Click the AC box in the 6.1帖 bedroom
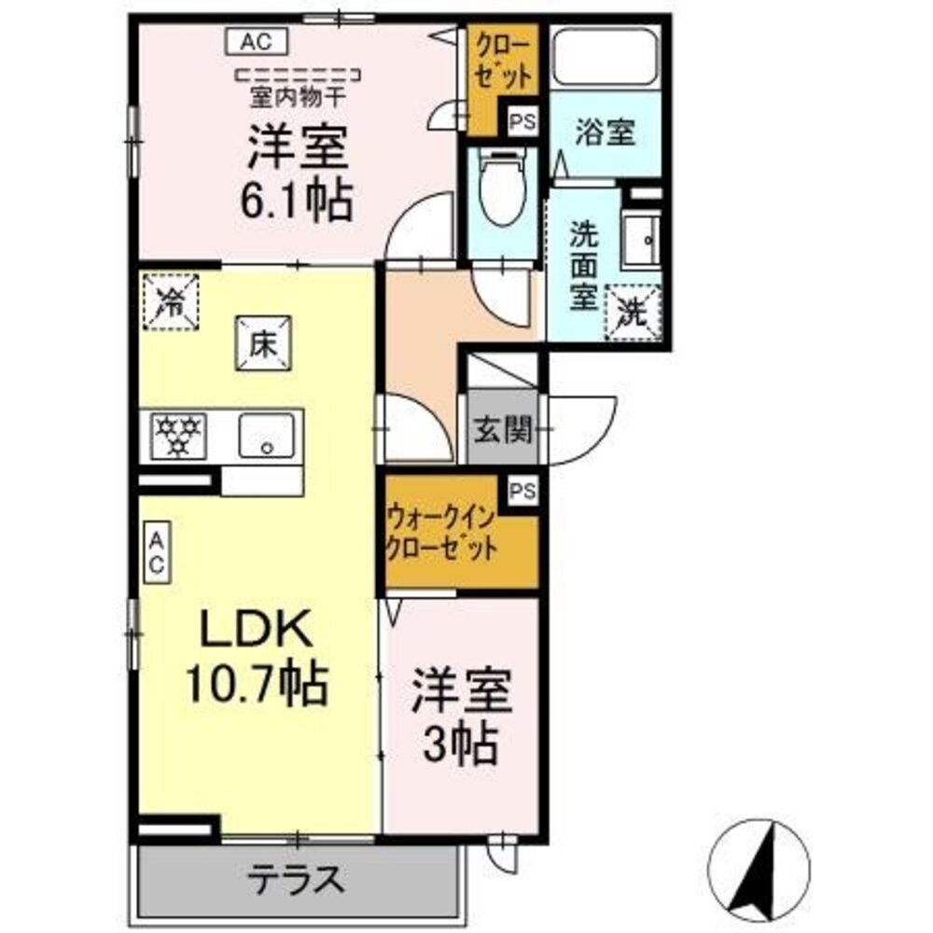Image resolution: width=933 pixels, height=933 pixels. [x=257, y=41]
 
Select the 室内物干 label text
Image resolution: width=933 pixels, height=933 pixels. [x=299, y=93]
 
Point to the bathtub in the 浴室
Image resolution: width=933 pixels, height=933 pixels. [x=605, y=58]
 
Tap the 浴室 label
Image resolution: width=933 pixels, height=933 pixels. [x=605, y=133]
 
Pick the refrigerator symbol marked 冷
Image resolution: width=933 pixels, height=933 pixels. [x=171, y=301]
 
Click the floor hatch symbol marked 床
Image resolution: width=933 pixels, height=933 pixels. [x=262, y=344]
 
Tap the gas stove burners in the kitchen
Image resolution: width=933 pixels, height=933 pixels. [x=177, y=436]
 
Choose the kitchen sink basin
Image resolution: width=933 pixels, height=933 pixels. [x=267, y=436]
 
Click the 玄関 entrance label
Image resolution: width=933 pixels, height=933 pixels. [x=502, y=430]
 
